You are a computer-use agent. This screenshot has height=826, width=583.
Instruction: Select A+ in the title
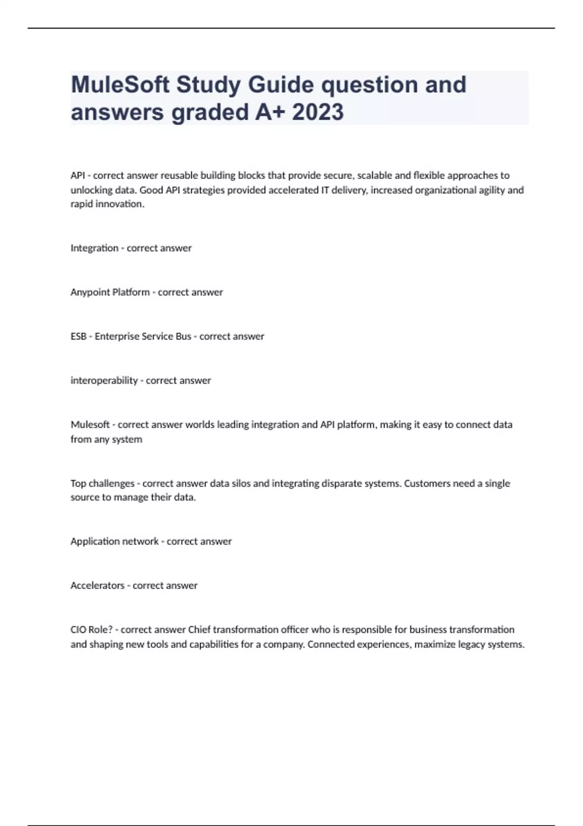[270, 112]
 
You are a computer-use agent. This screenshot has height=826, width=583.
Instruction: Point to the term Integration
[94, 248]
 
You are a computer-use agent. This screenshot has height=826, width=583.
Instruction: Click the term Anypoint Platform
[110, 293]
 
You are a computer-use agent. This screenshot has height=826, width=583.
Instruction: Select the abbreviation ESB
[78, 336]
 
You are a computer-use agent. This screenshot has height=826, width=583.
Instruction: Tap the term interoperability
[104, 380]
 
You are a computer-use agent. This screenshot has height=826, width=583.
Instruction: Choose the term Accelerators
[97, 585]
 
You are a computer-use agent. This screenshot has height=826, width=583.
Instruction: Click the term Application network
[114, 541]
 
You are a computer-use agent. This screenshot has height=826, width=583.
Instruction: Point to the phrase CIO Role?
[91, 630]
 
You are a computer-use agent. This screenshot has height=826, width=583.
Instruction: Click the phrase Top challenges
[102, 483]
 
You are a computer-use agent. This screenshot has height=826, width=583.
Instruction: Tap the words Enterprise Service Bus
[143, 336]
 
